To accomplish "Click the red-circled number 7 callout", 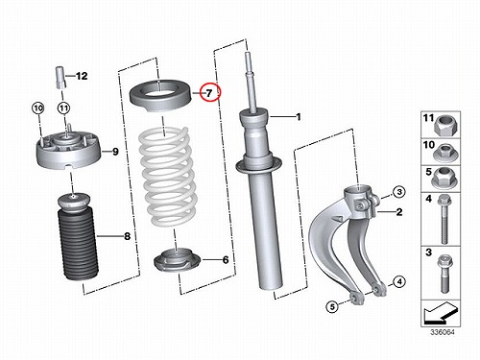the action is point(209,93).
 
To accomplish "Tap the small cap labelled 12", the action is point(60,78).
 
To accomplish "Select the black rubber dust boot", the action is point(78,237).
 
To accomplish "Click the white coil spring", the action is point(166,176).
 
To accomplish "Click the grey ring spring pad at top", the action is point(160,95).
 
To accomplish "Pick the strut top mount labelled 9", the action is point(68,151).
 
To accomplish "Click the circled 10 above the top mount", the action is point(38,108).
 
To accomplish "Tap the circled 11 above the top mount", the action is point(64,108).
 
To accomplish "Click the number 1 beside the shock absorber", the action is point(299,117).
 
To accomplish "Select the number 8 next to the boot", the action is point(128,236).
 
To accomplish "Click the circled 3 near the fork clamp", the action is point(399,192).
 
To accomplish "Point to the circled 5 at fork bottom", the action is point(332,307).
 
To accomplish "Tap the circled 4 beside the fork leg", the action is point(399,282).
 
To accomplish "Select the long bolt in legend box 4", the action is point(444,220).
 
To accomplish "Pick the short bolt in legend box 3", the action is point(444,274).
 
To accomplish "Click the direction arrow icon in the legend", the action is point(440,314).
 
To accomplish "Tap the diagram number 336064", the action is point(443,332).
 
